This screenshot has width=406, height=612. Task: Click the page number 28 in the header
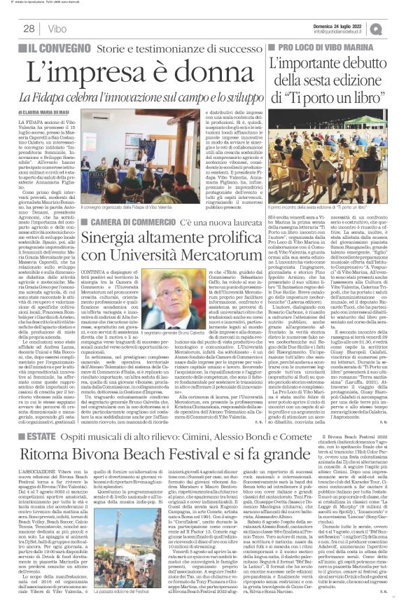click(x=29, y=28)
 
